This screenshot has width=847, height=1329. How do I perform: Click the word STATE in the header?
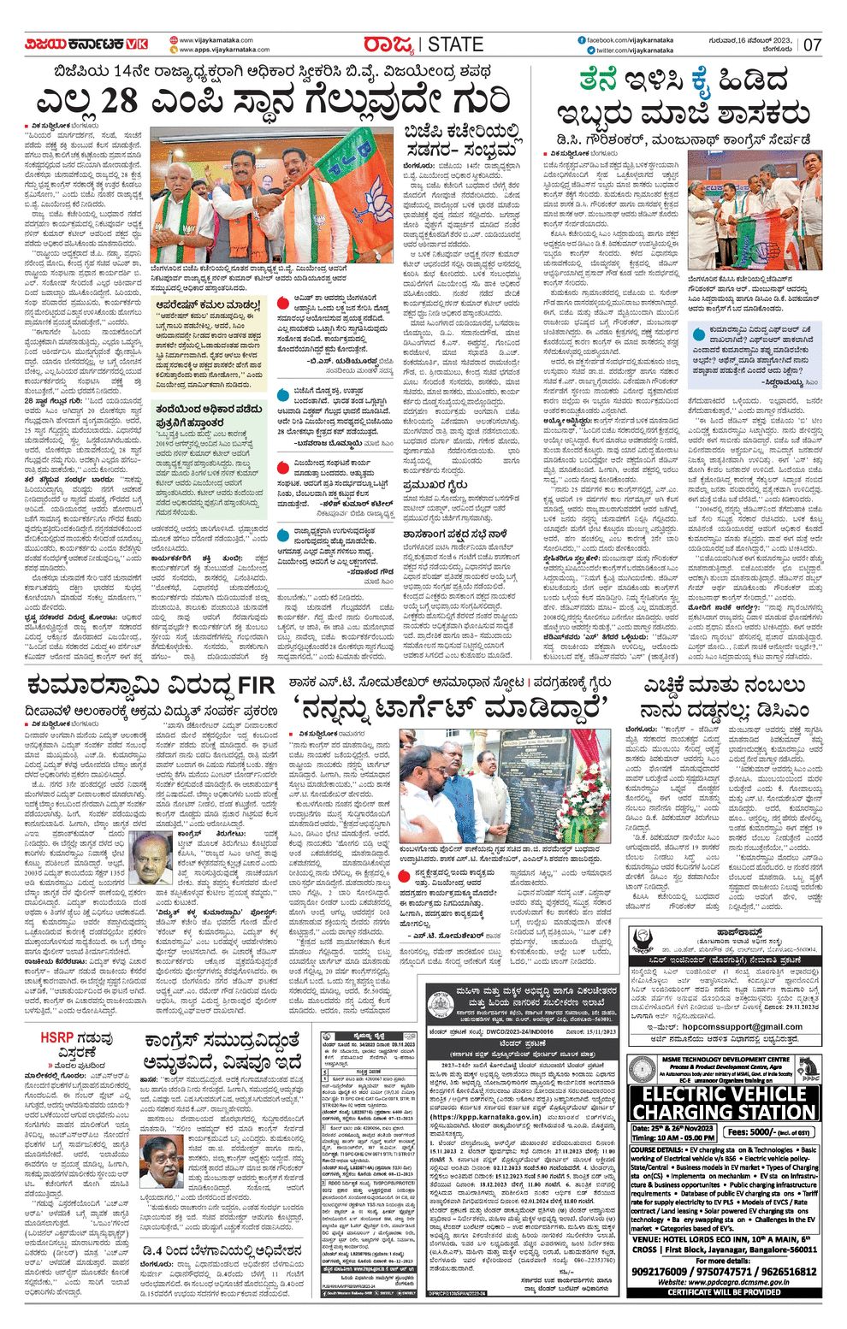(x=455, y=44)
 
